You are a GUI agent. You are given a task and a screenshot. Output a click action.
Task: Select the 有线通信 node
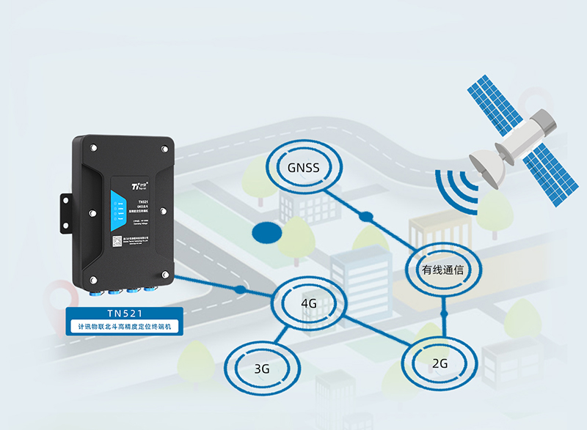pos(442,270)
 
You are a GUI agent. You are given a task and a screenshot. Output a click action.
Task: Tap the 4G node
pos(308,303)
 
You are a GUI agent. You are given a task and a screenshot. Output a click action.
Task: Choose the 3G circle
pos(261,368)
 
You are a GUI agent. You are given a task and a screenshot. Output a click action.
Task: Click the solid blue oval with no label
pos(266,233)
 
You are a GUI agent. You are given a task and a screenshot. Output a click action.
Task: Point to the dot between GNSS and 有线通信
pos(365,216)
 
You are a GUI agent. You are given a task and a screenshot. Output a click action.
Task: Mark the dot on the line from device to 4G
pos(239,290)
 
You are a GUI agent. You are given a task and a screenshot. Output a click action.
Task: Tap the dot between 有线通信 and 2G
pos(443,314)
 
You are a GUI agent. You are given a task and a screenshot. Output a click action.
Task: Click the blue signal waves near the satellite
pos(456,192)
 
